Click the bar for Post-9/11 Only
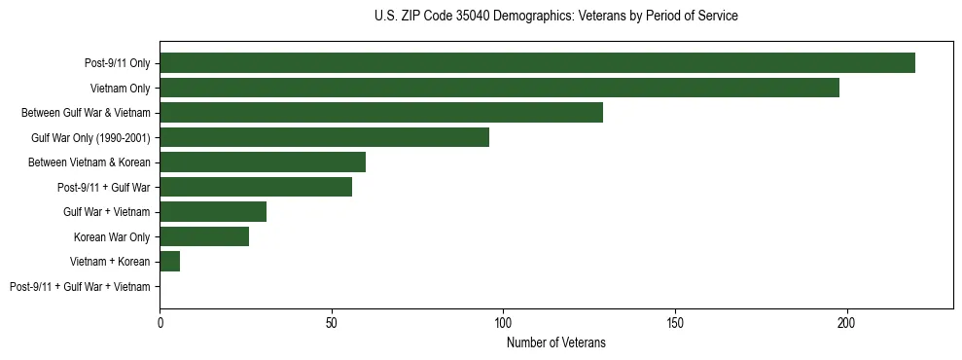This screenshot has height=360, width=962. click(537, 63)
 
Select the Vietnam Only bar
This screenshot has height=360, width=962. click(499, 88)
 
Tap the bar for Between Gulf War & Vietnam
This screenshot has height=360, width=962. click(381, 113)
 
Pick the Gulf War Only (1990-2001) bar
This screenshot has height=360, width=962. click(324, 137)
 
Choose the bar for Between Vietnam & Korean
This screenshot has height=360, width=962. click(263, 162)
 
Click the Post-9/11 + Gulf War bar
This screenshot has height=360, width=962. click(256, 187)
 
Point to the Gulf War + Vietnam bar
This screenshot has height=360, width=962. click(213, 212)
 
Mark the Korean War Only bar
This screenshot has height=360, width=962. click(204, 236)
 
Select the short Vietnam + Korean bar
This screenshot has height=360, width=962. click(170, 262)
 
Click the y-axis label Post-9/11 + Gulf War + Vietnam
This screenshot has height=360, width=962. click(80, 287)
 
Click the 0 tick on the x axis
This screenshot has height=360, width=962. click(160, 321)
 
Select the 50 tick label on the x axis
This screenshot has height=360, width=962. click(332, 321)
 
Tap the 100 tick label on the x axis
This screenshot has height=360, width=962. click(503, 321)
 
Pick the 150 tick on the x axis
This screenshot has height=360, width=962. click(675, 321)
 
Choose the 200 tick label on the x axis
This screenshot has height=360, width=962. click(846, 321)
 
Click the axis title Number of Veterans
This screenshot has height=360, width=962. click(556, 342)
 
